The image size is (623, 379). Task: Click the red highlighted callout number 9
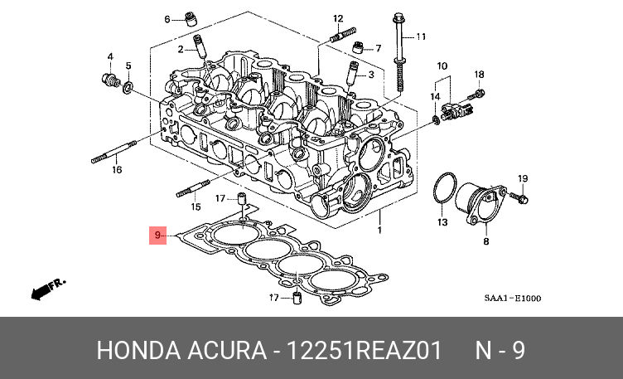tap(157, 236)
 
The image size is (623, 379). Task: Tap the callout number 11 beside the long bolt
tap(420, 36)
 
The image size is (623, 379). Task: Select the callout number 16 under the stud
tap(117, 169)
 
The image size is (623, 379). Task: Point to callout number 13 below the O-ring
tap(442, 223)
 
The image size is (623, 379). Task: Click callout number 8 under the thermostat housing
tap(486, 241)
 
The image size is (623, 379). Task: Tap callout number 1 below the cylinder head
tap(380, 228)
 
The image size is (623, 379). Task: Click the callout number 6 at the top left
tap(167, 19)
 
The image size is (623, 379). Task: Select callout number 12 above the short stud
tap(338, 18)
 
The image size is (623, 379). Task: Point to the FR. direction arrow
tap(46, 288)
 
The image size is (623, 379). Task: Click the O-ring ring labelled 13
tap(444, 188)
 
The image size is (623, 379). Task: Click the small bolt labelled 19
tap(522, 199)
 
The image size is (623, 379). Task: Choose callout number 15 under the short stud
tap(196, 207)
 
